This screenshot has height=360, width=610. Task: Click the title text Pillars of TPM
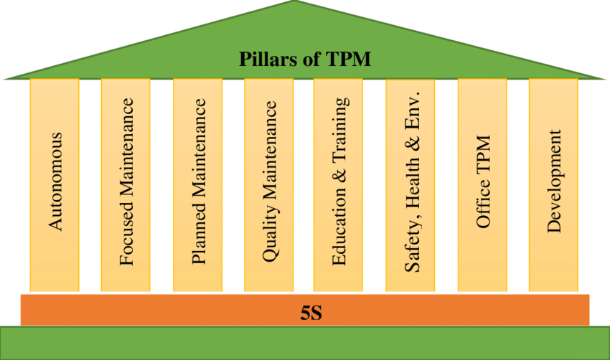coord(305,58)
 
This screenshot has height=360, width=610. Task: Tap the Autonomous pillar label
coord(55,181)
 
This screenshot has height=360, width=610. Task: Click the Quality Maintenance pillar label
coord(270,181)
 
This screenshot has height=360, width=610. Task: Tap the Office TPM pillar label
coord(483,181)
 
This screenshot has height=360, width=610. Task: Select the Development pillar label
coord(553,181)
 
